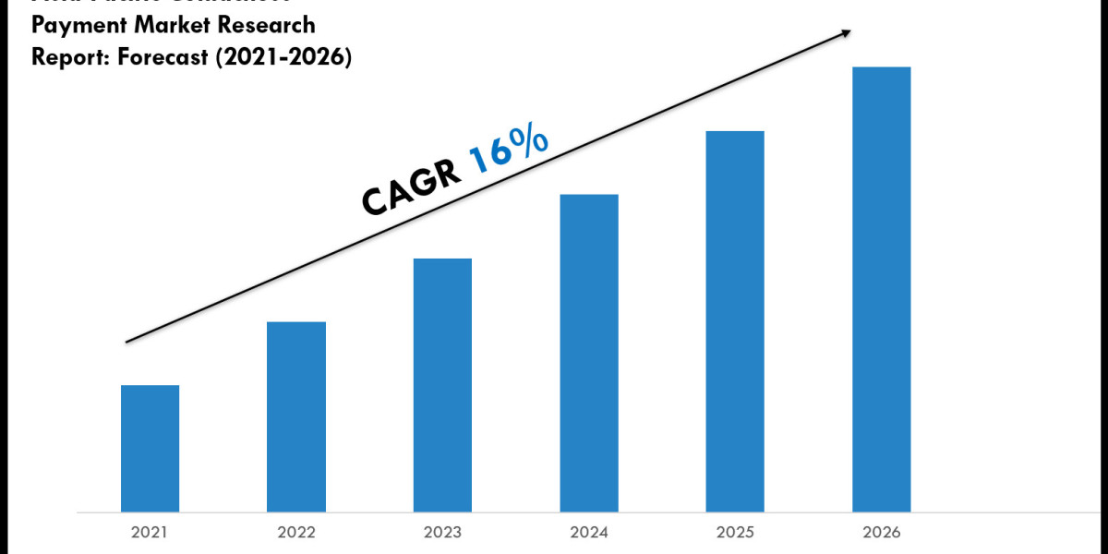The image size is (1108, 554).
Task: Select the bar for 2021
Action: coord(150,448)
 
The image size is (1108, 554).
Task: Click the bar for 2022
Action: coord(296,416)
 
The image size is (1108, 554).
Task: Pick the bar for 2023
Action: coord(442,384)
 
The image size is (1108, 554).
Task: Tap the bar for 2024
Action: coord(589,353)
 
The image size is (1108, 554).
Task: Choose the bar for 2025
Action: coord(735,320)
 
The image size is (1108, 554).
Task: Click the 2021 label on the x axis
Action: coord(150,533)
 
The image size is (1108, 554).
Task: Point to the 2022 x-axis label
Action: coord(296,533)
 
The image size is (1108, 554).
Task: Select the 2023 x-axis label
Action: coord(442,533)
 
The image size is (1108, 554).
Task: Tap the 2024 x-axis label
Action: coord(589,533)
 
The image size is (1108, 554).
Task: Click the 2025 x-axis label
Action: coord(735,533)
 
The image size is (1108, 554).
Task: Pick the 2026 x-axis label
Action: coord(881,533)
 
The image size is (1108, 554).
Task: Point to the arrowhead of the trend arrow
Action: coord(845,33)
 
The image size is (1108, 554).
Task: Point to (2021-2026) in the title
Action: coord(277,57)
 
